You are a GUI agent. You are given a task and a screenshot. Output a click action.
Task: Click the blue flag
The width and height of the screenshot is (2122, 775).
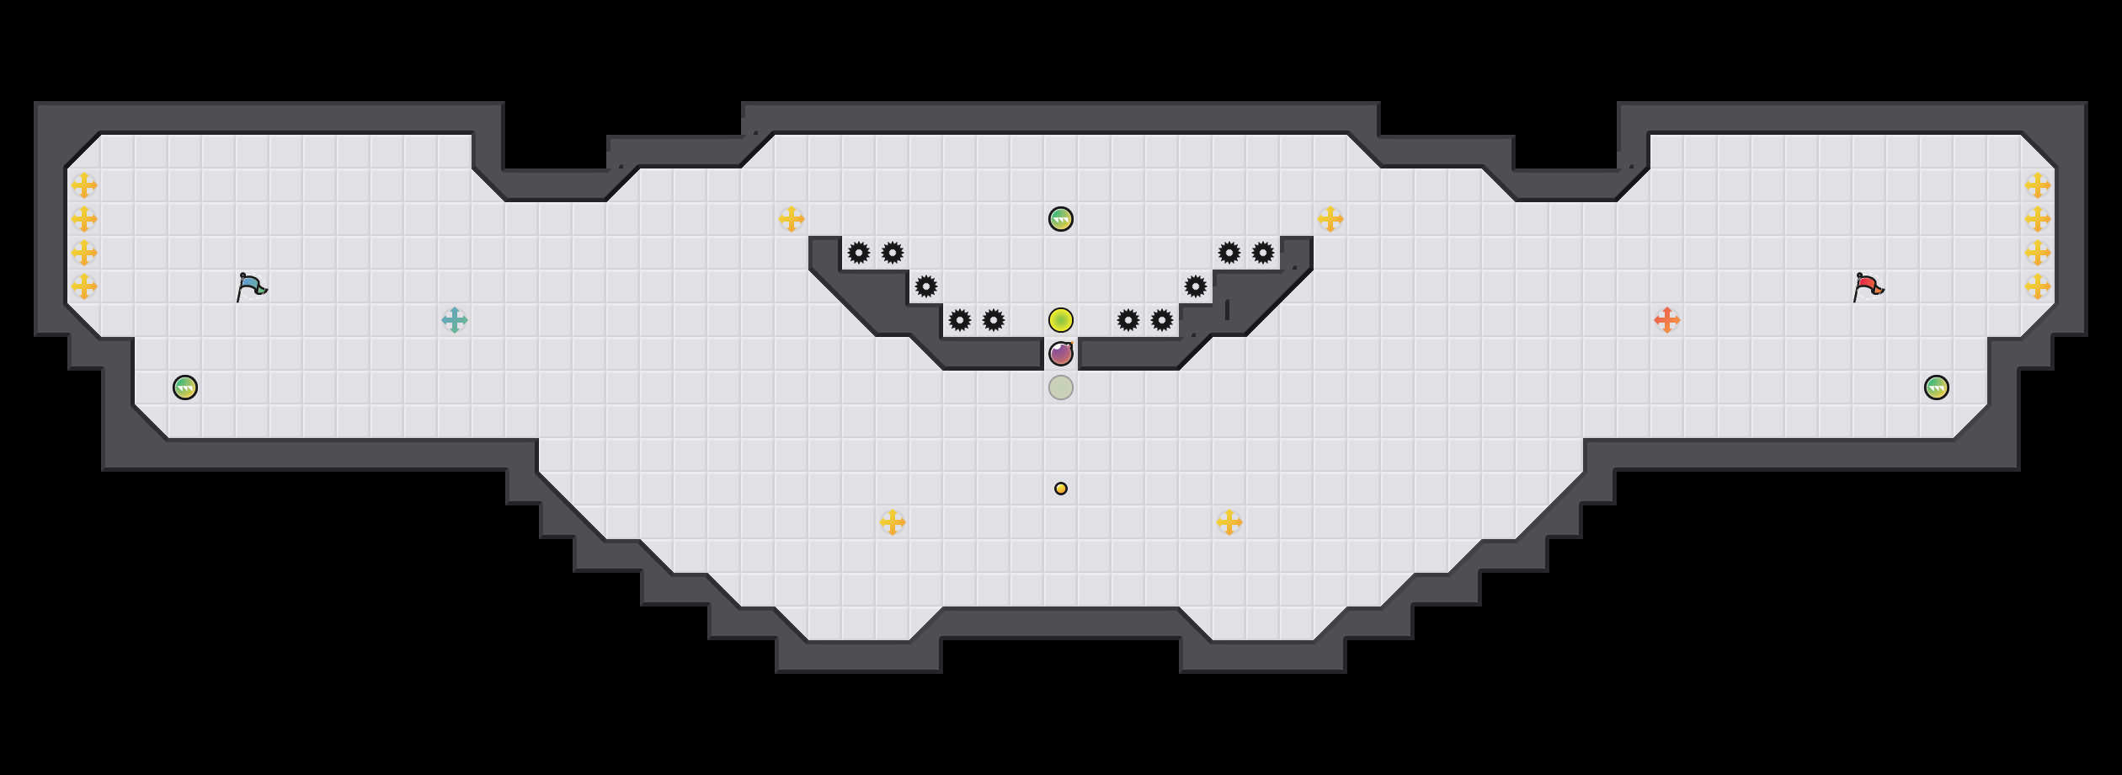tap(251, 287)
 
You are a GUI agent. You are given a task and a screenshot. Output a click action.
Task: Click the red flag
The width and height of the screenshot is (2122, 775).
tap(1868, 287)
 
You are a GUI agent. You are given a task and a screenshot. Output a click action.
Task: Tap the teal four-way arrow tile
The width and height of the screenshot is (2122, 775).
tap(455, 320)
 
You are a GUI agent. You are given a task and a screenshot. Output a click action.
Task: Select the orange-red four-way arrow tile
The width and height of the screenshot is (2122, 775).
tap(1667, 320)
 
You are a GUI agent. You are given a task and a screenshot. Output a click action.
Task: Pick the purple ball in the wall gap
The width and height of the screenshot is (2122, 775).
tap(1061, 354)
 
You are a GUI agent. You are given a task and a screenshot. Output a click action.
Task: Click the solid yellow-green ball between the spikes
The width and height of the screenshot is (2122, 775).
tap(1061, 320)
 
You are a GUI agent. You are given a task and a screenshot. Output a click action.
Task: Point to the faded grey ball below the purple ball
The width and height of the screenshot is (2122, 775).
tap(1061, 387)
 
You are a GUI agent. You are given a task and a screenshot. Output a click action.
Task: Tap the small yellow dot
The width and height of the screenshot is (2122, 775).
tap(1061, 489)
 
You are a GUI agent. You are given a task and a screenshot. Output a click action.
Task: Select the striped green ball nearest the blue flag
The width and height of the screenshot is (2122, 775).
tap(185, 387)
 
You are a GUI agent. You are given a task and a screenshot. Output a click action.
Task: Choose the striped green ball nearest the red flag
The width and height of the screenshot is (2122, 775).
tap(1937, 387)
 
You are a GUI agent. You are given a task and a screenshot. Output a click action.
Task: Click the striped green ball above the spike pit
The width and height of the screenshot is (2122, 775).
tap(1061, 219)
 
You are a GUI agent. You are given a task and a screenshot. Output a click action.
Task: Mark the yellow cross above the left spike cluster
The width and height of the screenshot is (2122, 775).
tap(792, 219)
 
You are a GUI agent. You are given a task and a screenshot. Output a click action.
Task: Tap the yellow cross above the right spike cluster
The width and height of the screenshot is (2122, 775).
tap(1330, 219)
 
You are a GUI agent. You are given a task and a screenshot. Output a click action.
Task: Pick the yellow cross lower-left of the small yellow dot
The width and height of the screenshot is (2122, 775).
tap(893, 522)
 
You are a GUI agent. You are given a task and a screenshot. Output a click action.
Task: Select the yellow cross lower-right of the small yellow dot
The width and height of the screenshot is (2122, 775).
tap(1229, 522)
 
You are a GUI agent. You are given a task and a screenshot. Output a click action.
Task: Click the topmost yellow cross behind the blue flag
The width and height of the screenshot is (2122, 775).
tap(84, 185)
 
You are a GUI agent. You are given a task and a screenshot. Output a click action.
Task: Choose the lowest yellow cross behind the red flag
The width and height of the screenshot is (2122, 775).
tap(2038, 286)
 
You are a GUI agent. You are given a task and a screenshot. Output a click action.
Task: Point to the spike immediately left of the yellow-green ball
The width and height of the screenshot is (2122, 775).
tap(994, 320)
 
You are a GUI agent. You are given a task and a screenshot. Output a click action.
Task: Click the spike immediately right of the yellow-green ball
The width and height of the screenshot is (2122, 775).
tap(1128, 320)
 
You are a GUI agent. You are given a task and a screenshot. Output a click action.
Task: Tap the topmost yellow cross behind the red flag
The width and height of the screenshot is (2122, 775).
tap(2038, 185)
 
